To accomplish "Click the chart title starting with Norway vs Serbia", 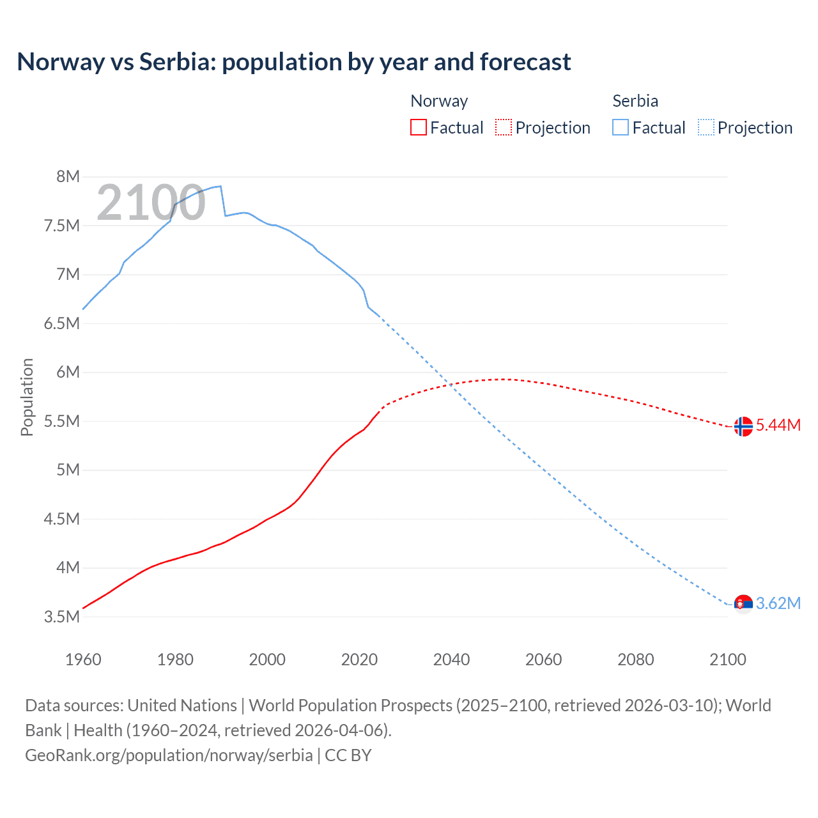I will pyautogui.click(x=294, y=62).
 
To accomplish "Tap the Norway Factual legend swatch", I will pyautogui.click(x=418, y=128).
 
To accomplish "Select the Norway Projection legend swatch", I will pyautogui.click(x=504, y=128).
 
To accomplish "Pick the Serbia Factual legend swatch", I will pyautogui.click(x=621, y=128).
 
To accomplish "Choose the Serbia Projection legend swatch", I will pyautogui.click(x=706, y=128).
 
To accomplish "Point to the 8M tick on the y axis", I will pyautogui.click(x=68, y=177).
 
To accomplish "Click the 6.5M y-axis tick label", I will pyautogui.click(x=62, y=323).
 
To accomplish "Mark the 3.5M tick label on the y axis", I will pyautogui.click(x=62, y=617).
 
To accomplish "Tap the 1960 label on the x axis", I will pyautogui.click(x=83, y=660).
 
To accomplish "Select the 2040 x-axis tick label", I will pyautogui.click(x=451, y=660).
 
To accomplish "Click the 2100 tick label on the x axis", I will pyautogui.click(x=727, y=660).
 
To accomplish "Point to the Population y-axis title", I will pyautogui.click(x=27, y=397).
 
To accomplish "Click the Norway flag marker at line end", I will pyautogui.click(x=743, y=426).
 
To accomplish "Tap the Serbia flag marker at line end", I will pyautogui.click(x=743, y=603).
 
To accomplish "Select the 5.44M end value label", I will pyautogui.click(x=778, y=426).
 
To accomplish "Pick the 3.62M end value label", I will pyautogui.click(x=778, y=603).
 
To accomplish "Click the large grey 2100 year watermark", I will pyautogui.click(x=151, y=203).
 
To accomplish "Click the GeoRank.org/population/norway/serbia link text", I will pyautogui.click(x=169, y=755).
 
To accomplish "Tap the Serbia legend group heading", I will pyautogui.click(x=635, y=101).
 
